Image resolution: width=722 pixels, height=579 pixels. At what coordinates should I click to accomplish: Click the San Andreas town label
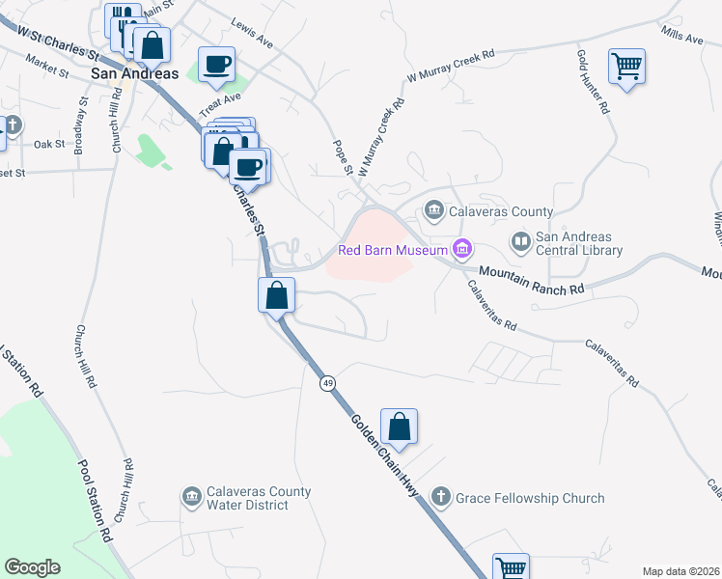point(134,73)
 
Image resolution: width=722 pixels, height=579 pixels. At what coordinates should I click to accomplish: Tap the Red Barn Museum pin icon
point(462,251)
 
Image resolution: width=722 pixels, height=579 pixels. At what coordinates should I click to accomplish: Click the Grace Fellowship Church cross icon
point(440,498)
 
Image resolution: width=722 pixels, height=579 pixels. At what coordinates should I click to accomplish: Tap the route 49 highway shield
point(328,383)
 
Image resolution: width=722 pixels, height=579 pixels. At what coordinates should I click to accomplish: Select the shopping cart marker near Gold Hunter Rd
point(626,67)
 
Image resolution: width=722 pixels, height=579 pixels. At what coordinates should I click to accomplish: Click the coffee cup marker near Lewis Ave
point(217,65)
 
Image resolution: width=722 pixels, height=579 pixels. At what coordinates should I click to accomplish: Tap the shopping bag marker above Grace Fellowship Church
point(399,426)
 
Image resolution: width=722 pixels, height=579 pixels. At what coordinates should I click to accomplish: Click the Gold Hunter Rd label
point(593,83)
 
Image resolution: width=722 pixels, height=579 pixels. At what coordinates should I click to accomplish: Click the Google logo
point(33,567)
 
